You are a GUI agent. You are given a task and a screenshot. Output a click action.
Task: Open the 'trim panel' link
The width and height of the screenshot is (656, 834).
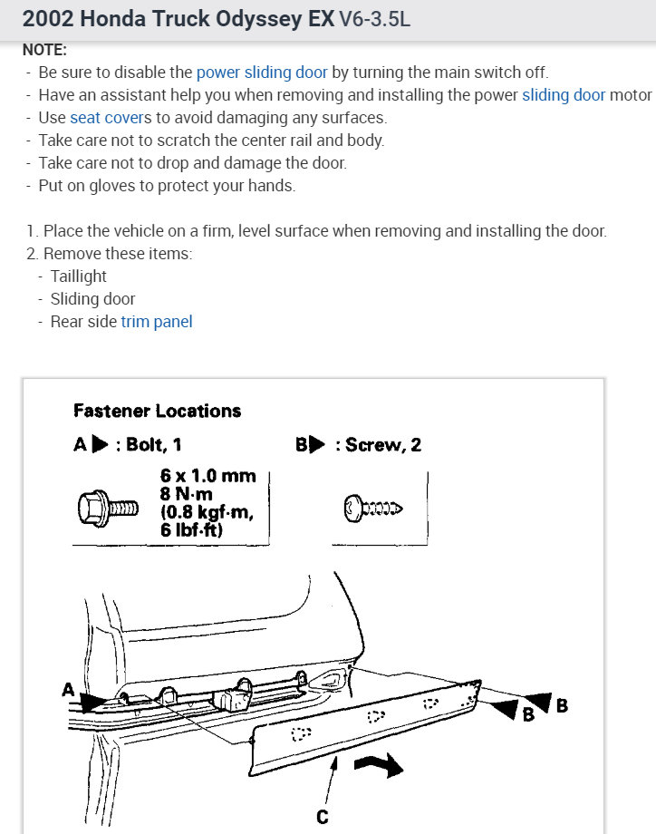point(156,322)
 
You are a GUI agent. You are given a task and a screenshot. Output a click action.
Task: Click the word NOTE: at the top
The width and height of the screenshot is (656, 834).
point(44,51)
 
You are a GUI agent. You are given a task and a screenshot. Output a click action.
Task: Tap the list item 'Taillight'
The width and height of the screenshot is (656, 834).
point(79,276)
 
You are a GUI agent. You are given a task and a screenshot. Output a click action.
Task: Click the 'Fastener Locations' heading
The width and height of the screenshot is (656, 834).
point(157,411)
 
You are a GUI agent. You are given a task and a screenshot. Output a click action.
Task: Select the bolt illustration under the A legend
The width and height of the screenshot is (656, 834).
point(107,507)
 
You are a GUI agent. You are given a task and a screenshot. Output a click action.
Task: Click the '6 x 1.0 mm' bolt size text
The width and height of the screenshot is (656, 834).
point(207,476)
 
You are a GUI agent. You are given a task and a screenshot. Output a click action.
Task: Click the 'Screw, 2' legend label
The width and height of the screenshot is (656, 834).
point(381,444)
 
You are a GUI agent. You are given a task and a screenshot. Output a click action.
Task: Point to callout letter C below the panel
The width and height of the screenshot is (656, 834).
point(322,818)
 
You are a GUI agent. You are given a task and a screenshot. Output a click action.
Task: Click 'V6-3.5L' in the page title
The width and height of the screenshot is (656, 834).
point(374,19)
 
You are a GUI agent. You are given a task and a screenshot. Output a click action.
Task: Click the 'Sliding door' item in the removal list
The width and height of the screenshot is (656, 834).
point(92,299)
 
